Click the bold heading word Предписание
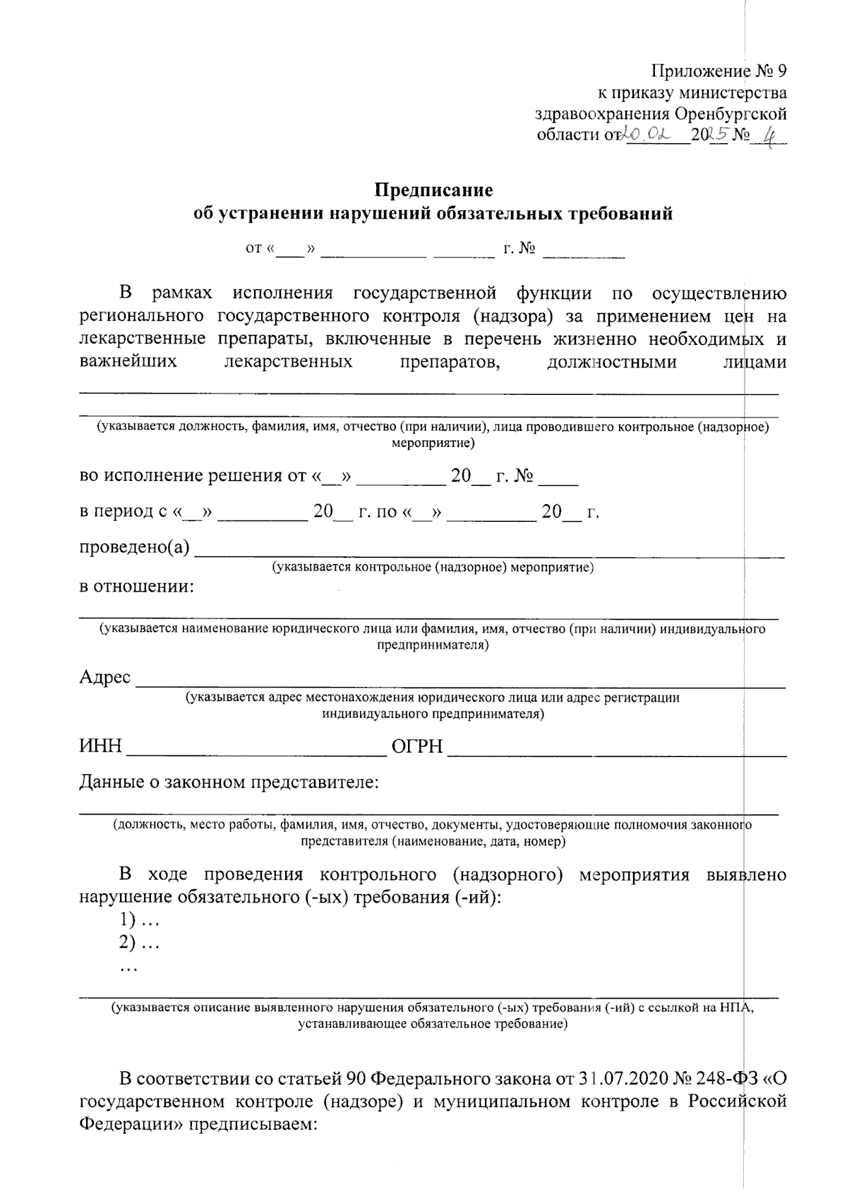(x=433, y=190)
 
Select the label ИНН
(x=100, y=746)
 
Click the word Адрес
(x=104, y=677)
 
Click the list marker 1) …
(x=138, y=920)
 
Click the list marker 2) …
(x=138, y=944)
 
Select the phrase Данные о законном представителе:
(x=229, y=782)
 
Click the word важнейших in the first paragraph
(x=128, y=362)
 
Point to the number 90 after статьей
(x=354, y=1079)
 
